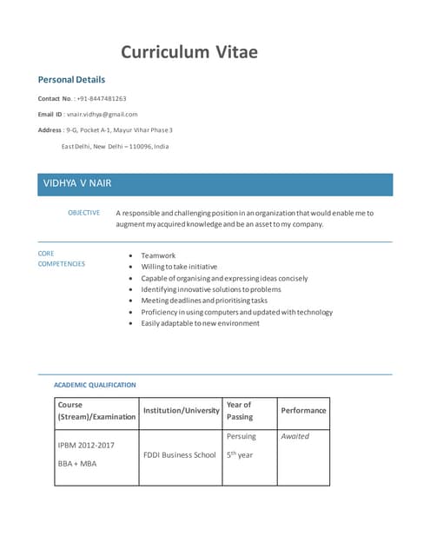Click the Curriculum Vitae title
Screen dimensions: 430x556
(189, 51)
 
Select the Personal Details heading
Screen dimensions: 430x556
(72, 79)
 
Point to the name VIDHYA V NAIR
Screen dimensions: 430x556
(77, 183)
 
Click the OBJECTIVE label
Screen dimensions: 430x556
(83, 212)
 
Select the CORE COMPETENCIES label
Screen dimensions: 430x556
(61, 259)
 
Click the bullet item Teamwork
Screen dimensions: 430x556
(158, 255)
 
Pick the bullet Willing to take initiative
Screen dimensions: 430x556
(179, 267)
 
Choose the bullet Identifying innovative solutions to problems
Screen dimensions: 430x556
(211, 288)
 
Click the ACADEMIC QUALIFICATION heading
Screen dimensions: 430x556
(95, 384)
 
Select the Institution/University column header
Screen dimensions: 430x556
(181, 410)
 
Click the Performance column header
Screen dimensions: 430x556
(303, 410)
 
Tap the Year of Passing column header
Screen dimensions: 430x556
(239, 410)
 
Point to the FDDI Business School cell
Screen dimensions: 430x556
(181, 454)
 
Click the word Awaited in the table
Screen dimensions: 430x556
(295, 436)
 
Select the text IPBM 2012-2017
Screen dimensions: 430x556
(85, 446)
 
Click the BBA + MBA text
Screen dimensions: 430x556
(76, 464)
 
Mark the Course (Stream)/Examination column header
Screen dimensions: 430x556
(96, 410)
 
